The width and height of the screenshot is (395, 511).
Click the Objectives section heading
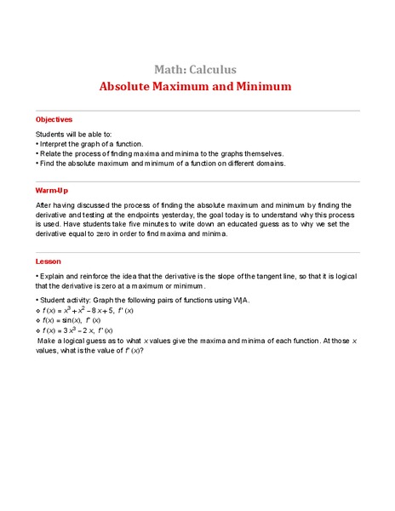[54, 119]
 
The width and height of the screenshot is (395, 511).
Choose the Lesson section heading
[49, 261]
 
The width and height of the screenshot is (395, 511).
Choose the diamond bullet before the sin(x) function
[37, 320]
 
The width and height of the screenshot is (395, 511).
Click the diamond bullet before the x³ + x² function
[37, 311]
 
